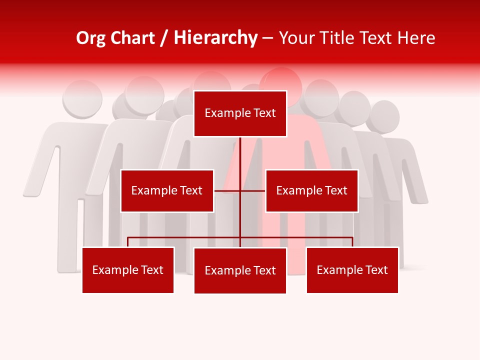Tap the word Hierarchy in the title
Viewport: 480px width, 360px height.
pyautogui.click(x=215, y=38)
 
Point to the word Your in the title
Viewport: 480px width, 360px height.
pyautogui.click(x=293, y=38)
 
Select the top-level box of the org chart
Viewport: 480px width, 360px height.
pyautogui.click(x=240, y=113)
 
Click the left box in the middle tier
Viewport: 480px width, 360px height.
pyautogui.click(x=167, y=190)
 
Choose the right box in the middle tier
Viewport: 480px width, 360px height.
pyautogui.click(x=311, y=190)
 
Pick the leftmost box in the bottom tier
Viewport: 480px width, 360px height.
pyautogui.click(x=128, y=270)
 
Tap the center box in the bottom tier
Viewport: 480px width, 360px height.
pyautogui.click(x=240, y=270)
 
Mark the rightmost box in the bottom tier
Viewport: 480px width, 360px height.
pyautogui.click(x=352, y=270)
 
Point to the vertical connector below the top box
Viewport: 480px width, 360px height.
pyautogui.click(x=240, y=160)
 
